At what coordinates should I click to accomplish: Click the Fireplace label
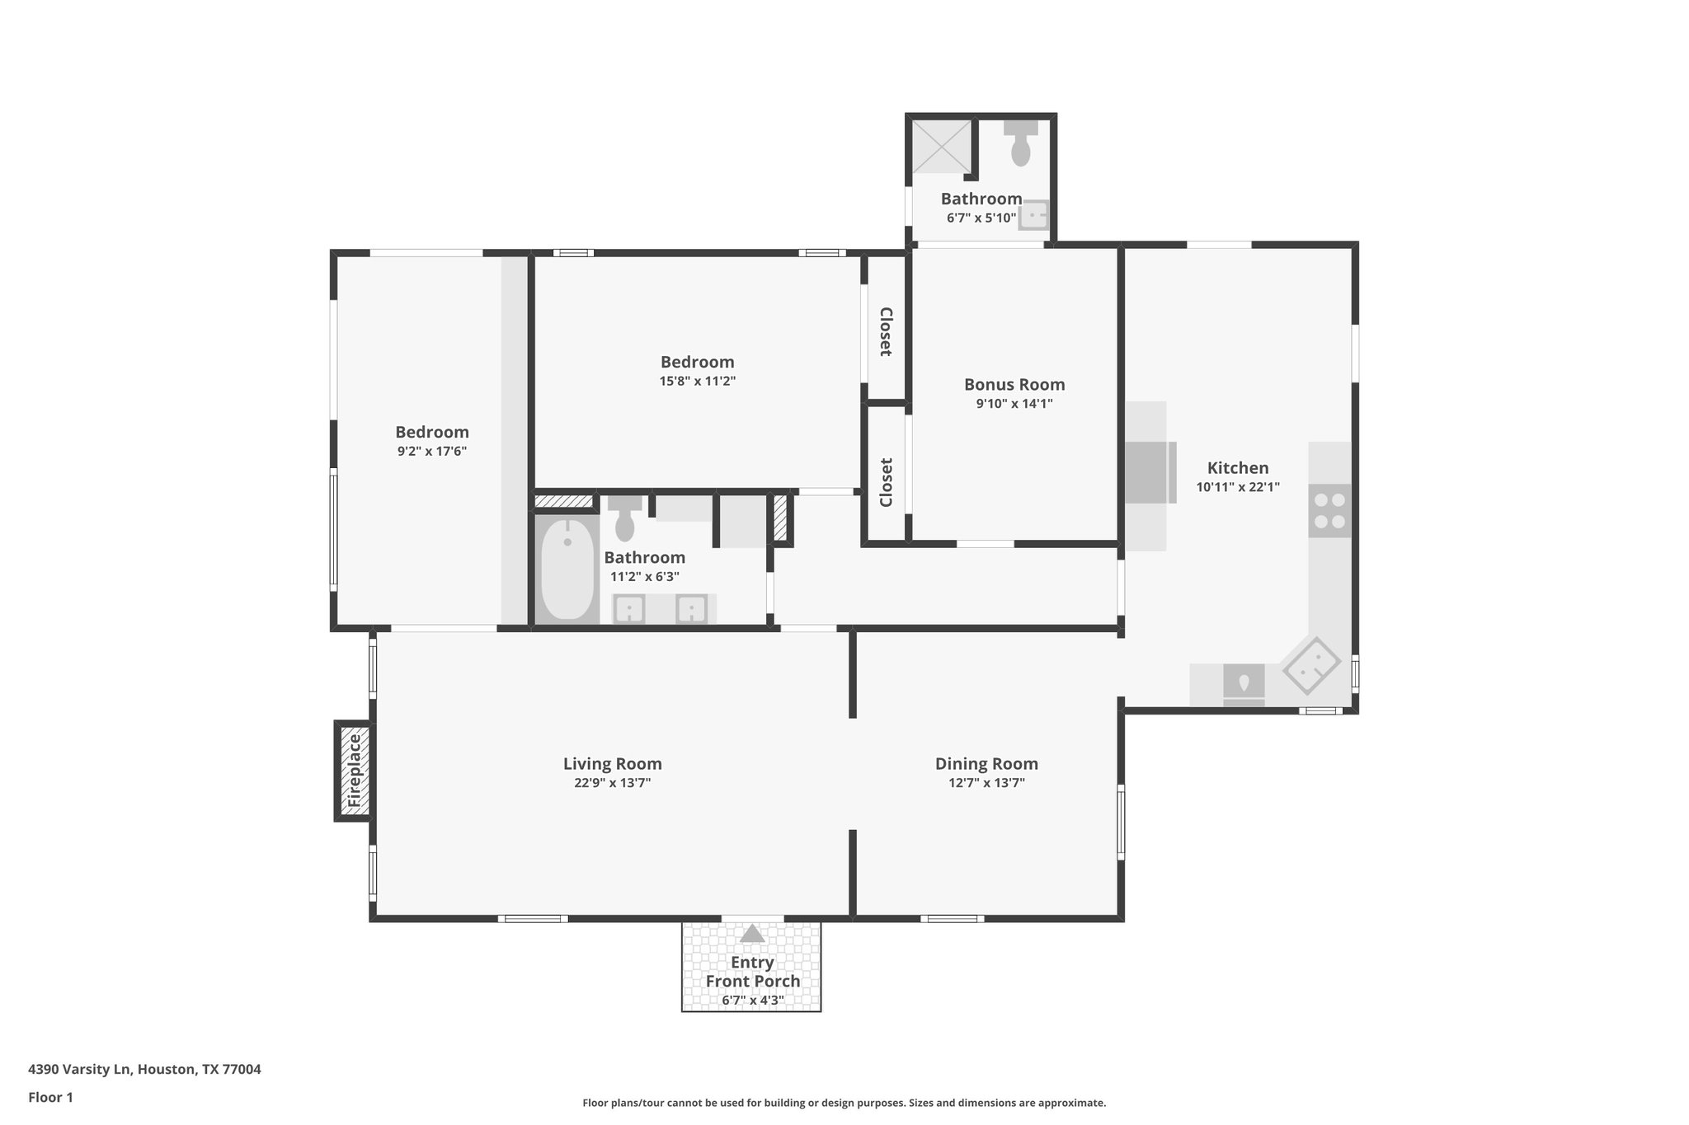(x=355, y=771)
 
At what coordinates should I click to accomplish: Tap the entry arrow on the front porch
(x=752, y=934)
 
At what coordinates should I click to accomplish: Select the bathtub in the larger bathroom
(x=567, y=570)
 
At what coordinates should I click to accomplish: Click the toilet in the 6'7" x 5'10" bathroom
(x=1020, y=145)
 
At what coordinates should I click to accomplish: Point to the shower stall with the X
(x=942, y=147)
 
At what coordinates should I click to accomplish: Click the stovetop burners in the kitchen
(x=1329, y=510)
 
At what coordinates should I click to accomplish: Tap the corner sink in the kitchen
(x=1311, y=664)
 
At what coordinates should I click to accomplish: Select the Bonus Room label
(x=1014, y=384)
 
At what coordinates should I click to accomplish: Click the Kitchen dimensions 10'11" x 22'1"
(x=1238, y=487)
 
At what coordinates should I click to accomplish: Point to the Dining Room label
(x=986, y=763)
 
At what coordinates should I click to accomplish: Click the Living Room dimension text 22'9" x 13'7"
(x=613, y=783)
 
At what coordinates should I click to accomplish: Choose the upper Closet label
(x=886, y=331)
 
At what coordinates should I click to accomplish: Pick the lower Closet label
(x=886, y=483)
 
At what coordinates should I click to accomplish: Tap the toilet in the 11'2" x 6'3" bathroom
(x=625, y=518)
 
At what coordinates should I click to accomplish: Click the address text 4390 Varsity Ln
(x=144, y=1069)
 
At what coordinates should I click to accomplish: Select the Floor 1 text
(x=50, y=1097)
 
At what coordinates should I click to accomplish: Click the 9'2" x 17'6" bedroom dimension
(x=431, y=451)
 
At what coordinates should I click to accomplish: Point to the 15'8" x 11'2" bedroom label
(x=697, y=362)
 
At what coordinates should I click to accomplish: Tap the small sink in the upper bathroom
(x=1033, y=216)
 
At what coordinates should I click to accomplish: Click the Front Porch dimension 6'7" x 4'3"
(x=752, y=1001)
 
